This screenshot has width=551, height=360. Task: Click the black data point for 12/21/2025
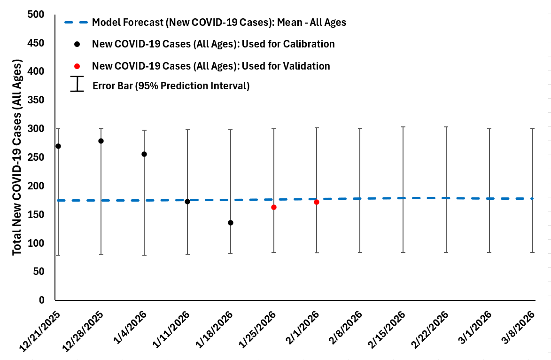click(x=58, y=146)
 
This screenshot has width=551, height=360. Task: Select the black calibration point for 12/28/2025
click(x=101, y=141)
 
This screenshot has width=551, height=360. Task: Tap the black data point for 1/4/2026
click(x=144, y=154)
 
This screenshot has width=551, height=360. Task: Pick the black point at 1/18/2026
click(x=231, y=223)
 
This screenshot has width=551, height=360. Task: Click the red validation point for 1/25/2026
click(x=274, y=207)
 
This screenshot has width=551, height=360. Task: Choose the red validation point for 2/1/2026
click(x=317, y=202)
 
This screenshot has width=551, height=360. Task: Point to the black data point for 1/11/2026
click(x=187, y=202)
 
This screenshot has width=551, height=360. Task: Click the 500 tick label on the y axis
click(x=35, y=15)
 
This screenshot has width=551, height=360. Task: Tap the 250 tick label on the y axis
click(x=35, y=158)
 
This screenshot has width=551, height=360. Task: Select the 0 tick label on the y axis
click(x=41, y=300)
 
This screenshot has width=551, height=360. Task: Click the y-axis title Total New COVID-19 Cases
click(x=17, y=157)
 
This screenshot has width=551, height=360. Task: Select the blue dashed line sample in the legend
click(x=76, y=22)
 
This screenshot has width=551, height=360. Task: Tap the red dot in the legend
click(x=77, y=66)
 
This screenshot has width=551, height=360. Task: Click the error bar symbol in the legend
click(x=77, y=84)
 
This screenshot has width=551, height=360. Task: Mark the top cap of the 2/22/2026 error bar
click(x=446, y=127)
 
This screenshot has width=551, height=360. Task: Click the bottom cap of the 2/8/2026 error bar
click(x=360, y=252)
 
